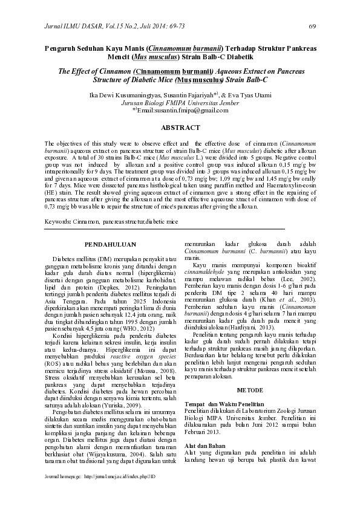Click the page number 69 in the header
click(312, 26)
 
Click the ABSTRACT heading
click(180, 128)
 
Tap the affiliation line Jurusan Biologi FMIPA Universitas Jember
click(180, 103)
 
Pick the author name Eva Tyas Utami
click(252, 96)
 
